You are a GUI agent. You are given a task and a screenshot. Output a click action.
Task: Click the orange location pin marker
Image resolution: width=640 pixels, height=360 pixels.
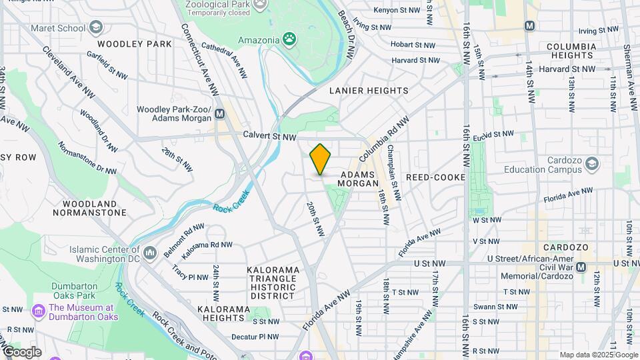[x=320, y=159]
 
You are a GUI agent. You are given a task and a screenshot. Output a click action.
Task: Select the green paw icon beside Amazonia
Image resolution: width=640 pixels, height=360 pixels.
[x=290, y=39]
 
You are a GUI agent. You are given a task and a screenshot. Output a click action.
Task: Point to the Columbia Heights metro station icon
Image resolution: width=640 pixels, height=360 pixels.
[x=530, y=26]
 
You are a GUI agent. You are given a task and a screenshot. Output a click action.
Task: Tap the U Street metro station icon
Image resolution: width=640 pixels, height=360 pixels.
[x=581, y=267]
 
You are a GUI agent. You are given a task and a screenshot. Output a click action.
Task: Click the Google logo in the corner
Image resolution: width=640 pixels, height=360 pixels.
[x=21, y=352]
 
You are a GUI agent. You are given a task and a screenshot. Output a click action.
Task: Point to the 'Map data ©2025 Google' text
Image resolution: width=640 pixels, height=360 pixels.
[x=599, y=355]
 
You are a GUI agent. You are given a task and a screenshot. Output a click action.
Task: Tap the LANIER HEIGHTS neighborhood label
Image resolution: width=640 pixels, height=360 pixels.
[x=369, y=90]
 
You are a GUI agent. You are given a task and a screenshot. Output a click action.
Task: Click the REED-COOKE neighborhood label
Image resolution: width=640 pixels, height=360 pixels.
[x=435, y=177]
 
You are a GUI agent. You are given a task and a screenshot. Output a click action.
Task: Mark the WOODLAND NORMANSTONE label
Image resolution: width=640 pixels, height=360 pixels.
[x=94, y=208]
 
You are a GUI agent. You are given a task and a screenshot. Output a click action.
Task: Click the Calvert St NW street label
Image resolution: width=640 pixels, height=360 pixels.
[x=269, y=137]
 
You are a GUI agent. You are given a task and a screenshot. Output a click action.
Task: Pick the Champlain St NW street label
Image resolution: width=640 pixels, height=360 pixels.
[x=394, y=173]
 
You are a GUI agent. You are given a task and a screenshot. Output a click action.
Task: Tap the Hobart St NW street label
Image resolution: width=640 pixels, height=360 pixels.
[x=413, y=45]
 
